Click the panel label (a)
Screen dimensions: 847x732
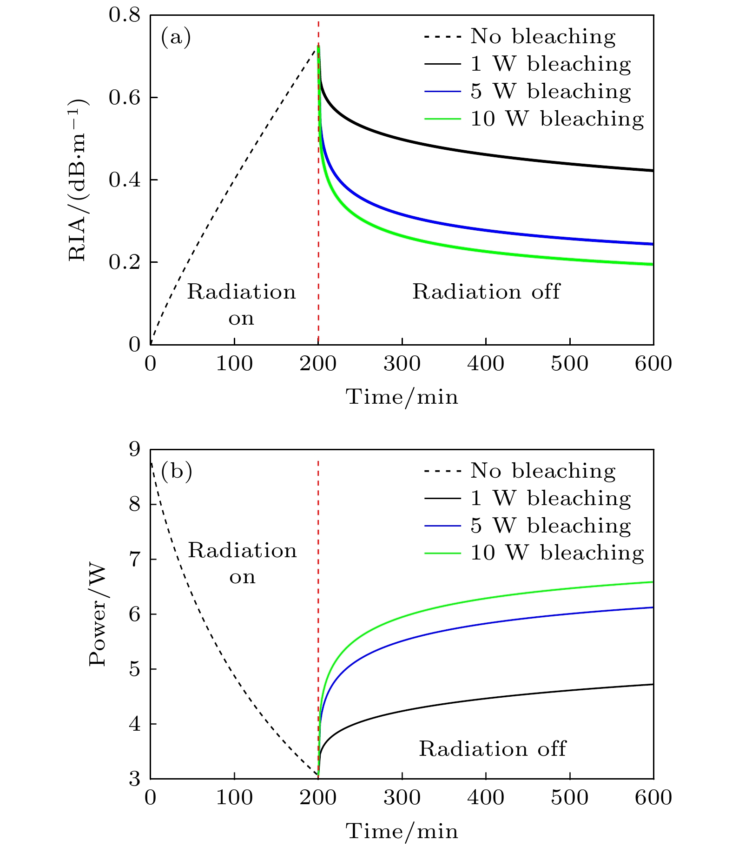coord(176,37)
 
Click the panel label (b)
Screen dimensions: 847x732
coord(176,471)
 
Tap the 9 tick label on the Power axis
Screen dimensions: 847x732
coord(134,450)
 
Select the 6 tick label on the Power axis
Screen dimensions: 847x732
coord(134,614)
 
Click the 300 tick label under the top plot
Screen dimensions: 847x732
coord(402,364)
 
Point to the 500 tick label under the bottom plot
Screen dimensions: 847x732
coord(569,798)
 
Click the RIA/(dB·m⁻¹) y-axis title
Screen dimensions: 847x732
coord(78,180)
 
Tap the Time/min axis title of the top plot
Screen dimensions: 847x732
coord(402,397)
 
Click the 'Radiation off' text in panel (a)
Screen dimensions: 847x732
coord(486,292)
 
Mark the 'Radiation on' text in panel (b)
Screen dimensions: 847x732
coord(242,563)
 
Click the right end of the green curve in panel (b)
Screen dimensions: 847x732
coord(653,582)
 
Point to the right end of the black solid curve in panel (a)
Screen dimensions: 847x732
coord(653,171)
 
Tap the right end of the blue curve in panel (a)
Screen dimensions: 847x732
coord(653,244)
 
